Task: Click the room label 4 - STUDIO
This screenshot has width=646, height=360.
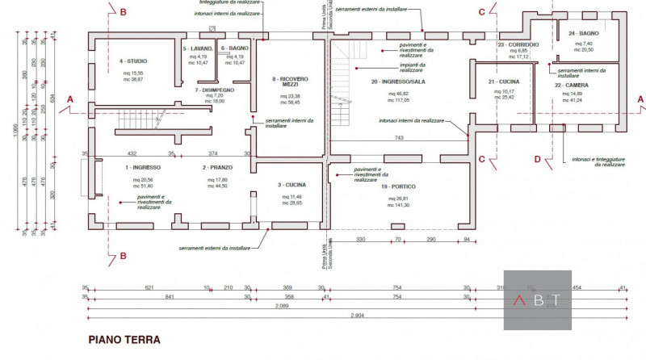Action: pos(133,61)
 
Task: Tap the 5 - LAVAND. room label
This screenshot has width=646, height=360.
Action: pos(197,48)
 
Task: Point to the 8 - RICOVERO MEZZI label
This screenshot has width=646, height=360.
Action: pos(288,83)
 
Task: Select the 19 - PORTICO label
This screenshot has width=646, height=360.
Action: pos(396,186)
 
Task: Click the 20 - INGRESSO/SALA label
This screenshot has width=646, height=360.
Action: pos(397,82)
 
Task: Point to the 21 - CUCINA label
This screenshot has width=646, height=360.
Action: pos(503,82)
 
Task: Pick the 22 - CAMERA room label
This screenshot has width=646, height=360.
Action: pos(571,84)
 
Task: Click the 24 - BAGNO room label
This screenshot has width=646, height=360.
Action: pos(583,33)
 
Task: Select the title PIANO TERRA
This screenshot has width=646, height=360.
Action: pos(124,340)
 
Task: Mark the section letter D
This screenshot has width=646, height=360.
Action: pos(536,159)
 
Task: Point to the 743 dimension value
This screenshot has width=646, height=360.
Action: pos(399,138)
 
